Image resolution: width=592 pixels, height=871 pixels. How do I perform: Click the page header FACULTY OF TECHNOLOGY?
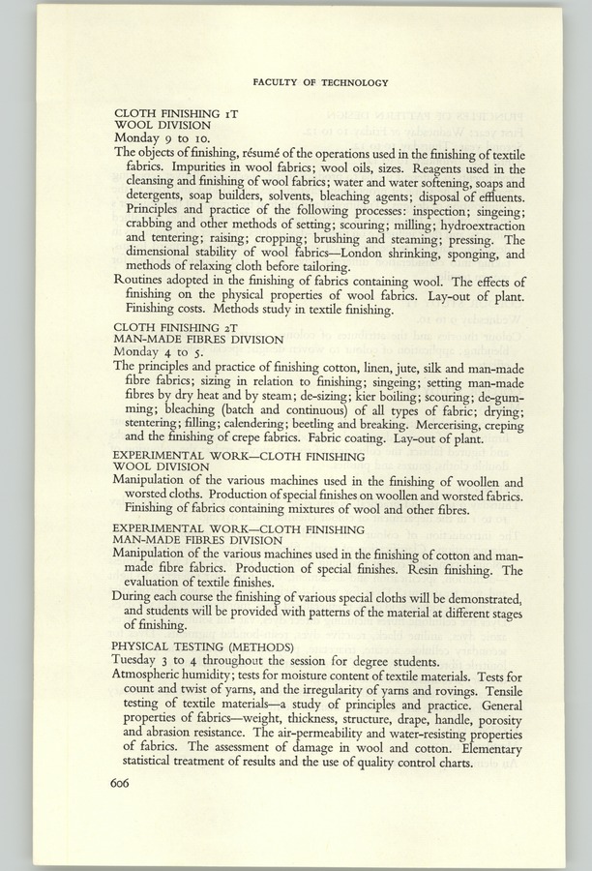point(320,83)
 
